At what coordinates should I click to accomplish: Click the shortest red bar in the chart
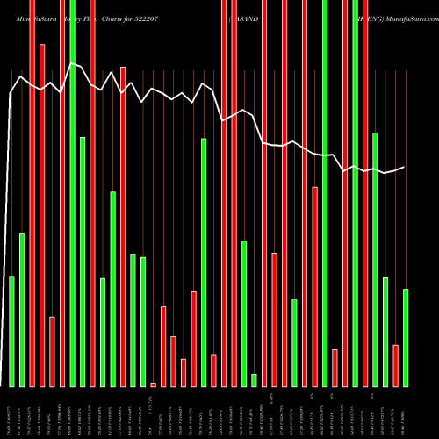pyautogui.click(x=153, y=385)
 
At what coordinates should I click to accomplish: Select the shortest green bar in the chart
pyautogui.click(x=254, y=380)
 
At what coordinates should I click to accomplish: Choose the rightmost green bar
pyautogui.click(x=406, y=337)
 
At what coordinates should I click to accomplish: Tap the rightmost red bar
pyautogui.click(x=396, y=365)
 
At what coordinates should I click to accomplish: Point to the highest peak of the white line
pyautogui.click(x=72, y=63)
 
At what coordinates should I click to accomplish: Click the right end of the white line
pyautogui.click(x=405, y=167)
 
